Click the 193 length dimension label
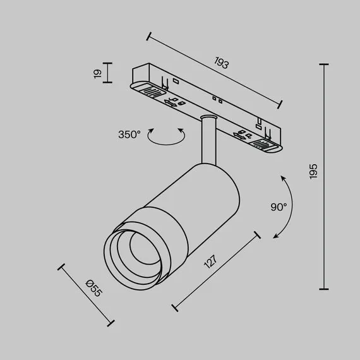click(x=221, y=63)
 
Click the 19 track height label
click(x=97, y=73)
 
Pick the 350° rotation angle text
click(x=129, y=135)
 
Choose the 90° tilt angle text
click(x=279, y=207)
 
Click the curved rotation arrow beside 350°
click(x=167, y=138)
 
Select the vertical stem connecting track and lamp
click(x=207, y=140)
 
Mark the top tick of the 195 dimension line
click(x=325, y=64)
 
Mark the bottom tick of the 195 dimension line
click(x=325, y=289)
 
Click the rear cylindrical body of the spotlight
click(x=208, y=189)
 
